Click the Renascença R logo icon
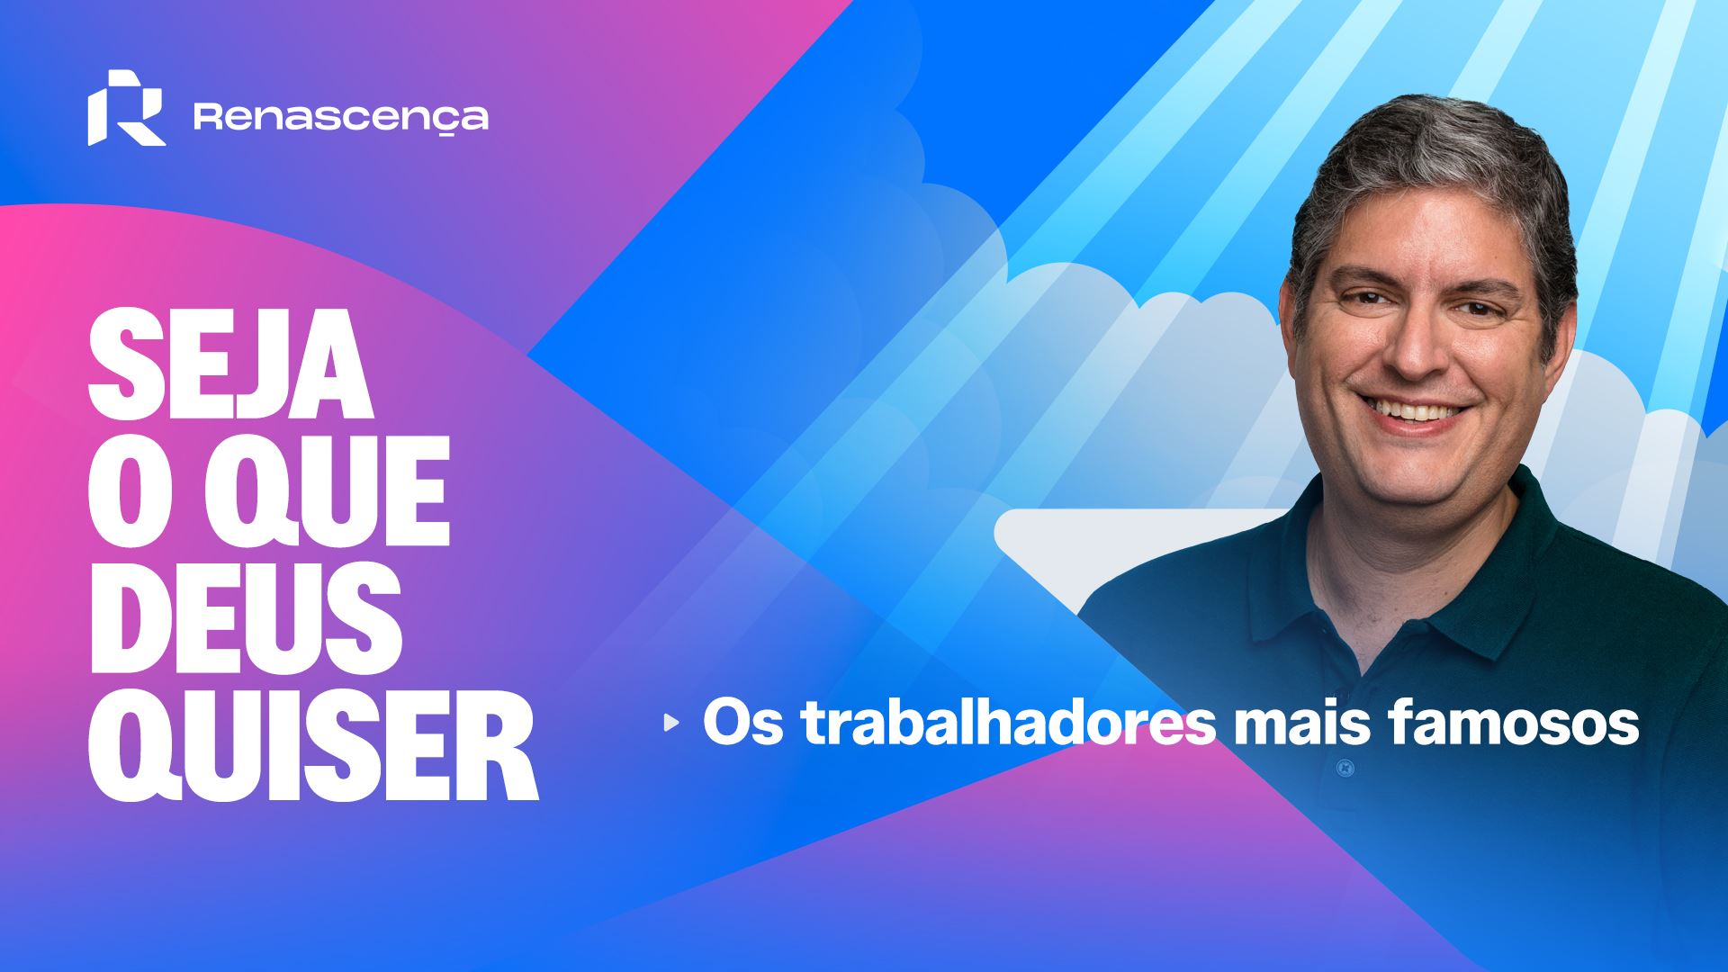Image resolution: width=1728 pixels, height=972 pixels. point(127,107)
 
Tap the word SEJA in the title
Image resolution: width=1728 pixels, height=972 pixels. point(229,365)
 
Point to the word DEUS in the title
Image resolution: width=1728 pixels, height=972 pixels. point(244,620)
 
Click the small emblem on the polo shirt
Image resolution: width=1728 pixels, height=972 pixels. point(1344,768)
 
